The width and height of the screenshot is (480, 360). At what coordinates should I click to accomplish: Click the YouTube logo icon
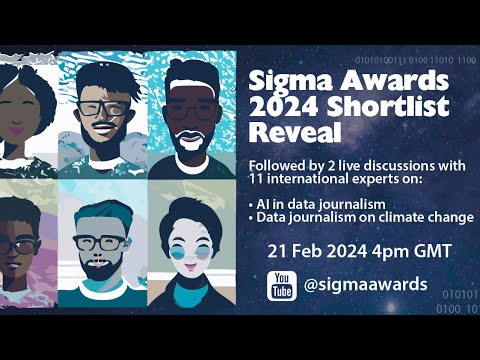click(282, 285)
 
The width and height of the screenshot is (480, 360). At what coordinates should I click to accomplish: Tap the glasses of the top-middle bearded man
click(105, 107)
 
